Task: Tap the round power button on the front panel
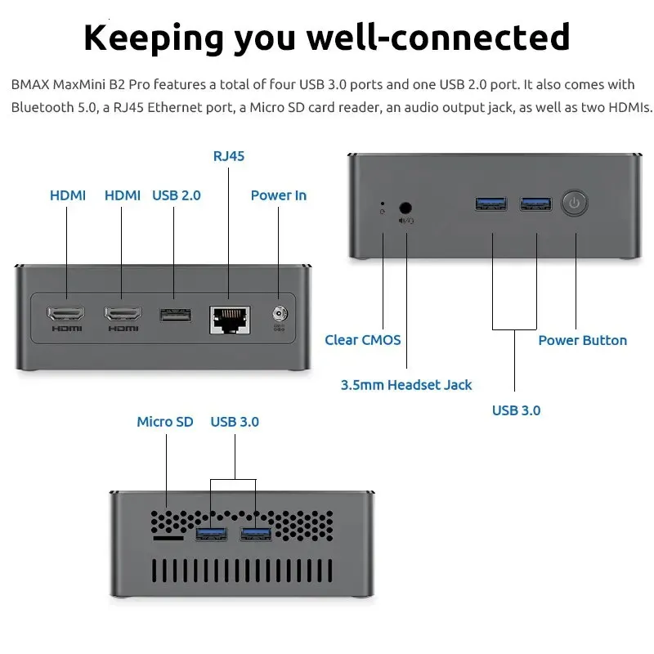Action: [576, 204]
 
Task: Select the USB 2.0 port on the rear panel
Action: [174, 314]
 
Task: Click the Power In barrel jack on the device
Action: [280, 314]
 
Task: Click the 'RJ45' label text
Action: [228, 156]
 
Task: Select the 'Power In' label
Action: [279, 195]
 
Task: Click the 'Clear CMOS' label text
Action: [363, 340]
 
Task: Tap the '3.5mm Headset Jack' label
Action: [406, 384]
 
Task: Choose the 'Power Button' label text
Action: [582, 340]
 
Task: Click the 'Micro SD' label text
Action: [165, 422]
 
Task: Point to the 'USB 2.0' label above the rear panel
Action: [177, 195]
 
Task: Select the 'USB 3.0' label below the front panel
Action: [516, 410]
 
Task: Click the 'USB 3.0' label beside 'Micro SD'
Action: [235, 422]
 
